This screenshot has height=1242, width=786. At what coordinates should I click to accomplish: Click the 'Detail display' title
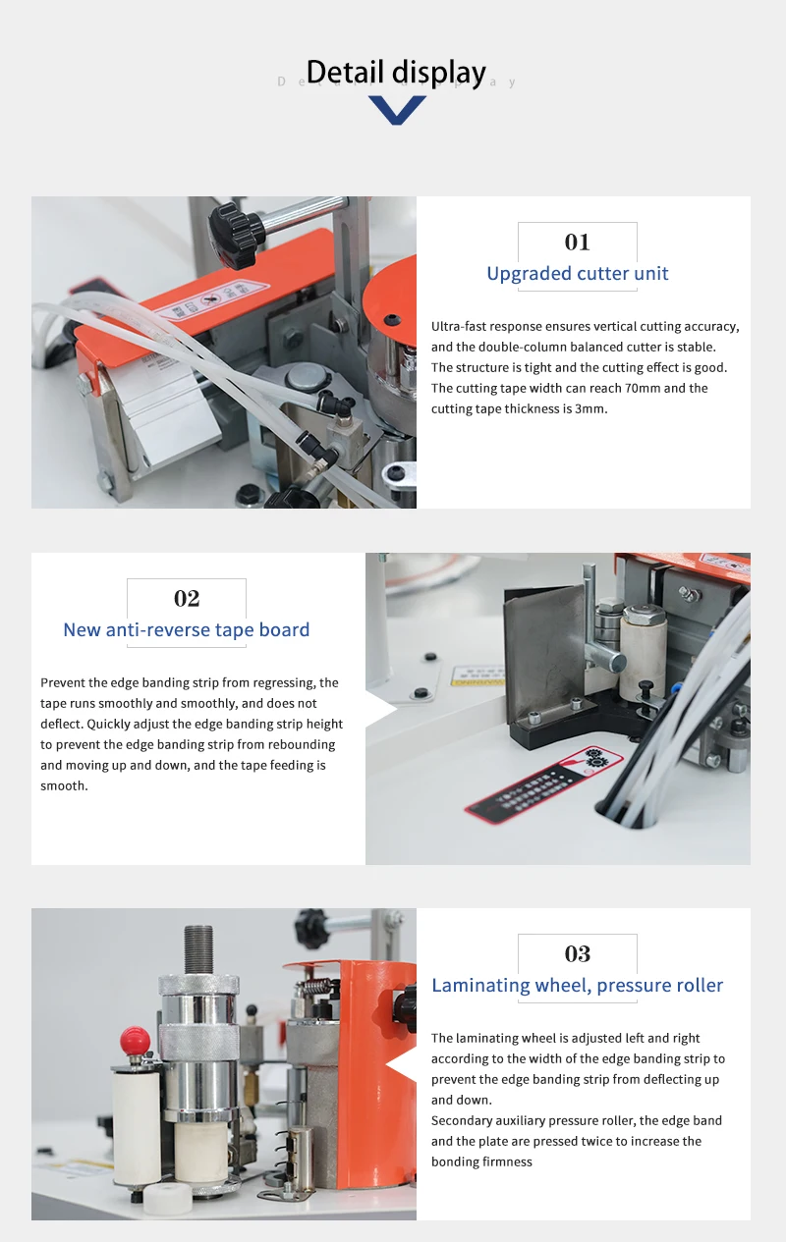pyautogui.click(x=396, y=73)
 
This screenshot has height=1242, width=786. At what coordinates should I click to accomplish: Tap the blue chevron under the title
pyautogui.click(x=397, y=110)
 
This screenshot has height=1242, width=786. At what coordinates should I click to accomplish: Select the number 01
pyautogui.click(x=577, y=242)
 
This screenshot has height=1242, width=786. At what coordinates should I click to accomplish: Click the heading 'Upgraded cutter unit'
pyautogui.click(x=577, y=274)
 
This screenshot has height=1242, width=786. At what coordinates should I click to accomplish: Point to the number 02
pyautogui.click(x=187, y=598)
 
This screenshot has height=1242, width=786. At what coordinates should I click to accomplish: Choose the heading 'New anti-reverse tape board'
pyautogui.click(x=187, y=630)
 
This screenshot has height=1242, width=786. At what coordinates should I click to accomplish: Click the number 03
pyautogui.click(x=577, y=953)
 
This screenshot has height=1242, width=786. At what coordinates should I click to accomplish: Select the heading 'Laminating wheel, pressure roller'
pyautogui.click(x=577, y=986)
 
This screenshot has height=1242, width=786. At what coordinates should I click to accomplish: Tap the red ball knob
pyautogui.click(x=135, y=1039)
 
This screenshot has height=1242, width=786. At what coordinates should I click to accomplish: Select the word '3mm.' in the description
pyautogui.click(x=589, y=408)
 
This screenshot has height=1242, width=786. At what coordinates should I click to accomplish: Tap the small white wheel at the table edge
pyautogui.click(x=168, y=1198)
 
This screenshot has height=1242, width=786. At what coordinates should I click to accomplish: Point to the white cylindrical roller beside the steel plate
pyautogui.click(x=645, y=642)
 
